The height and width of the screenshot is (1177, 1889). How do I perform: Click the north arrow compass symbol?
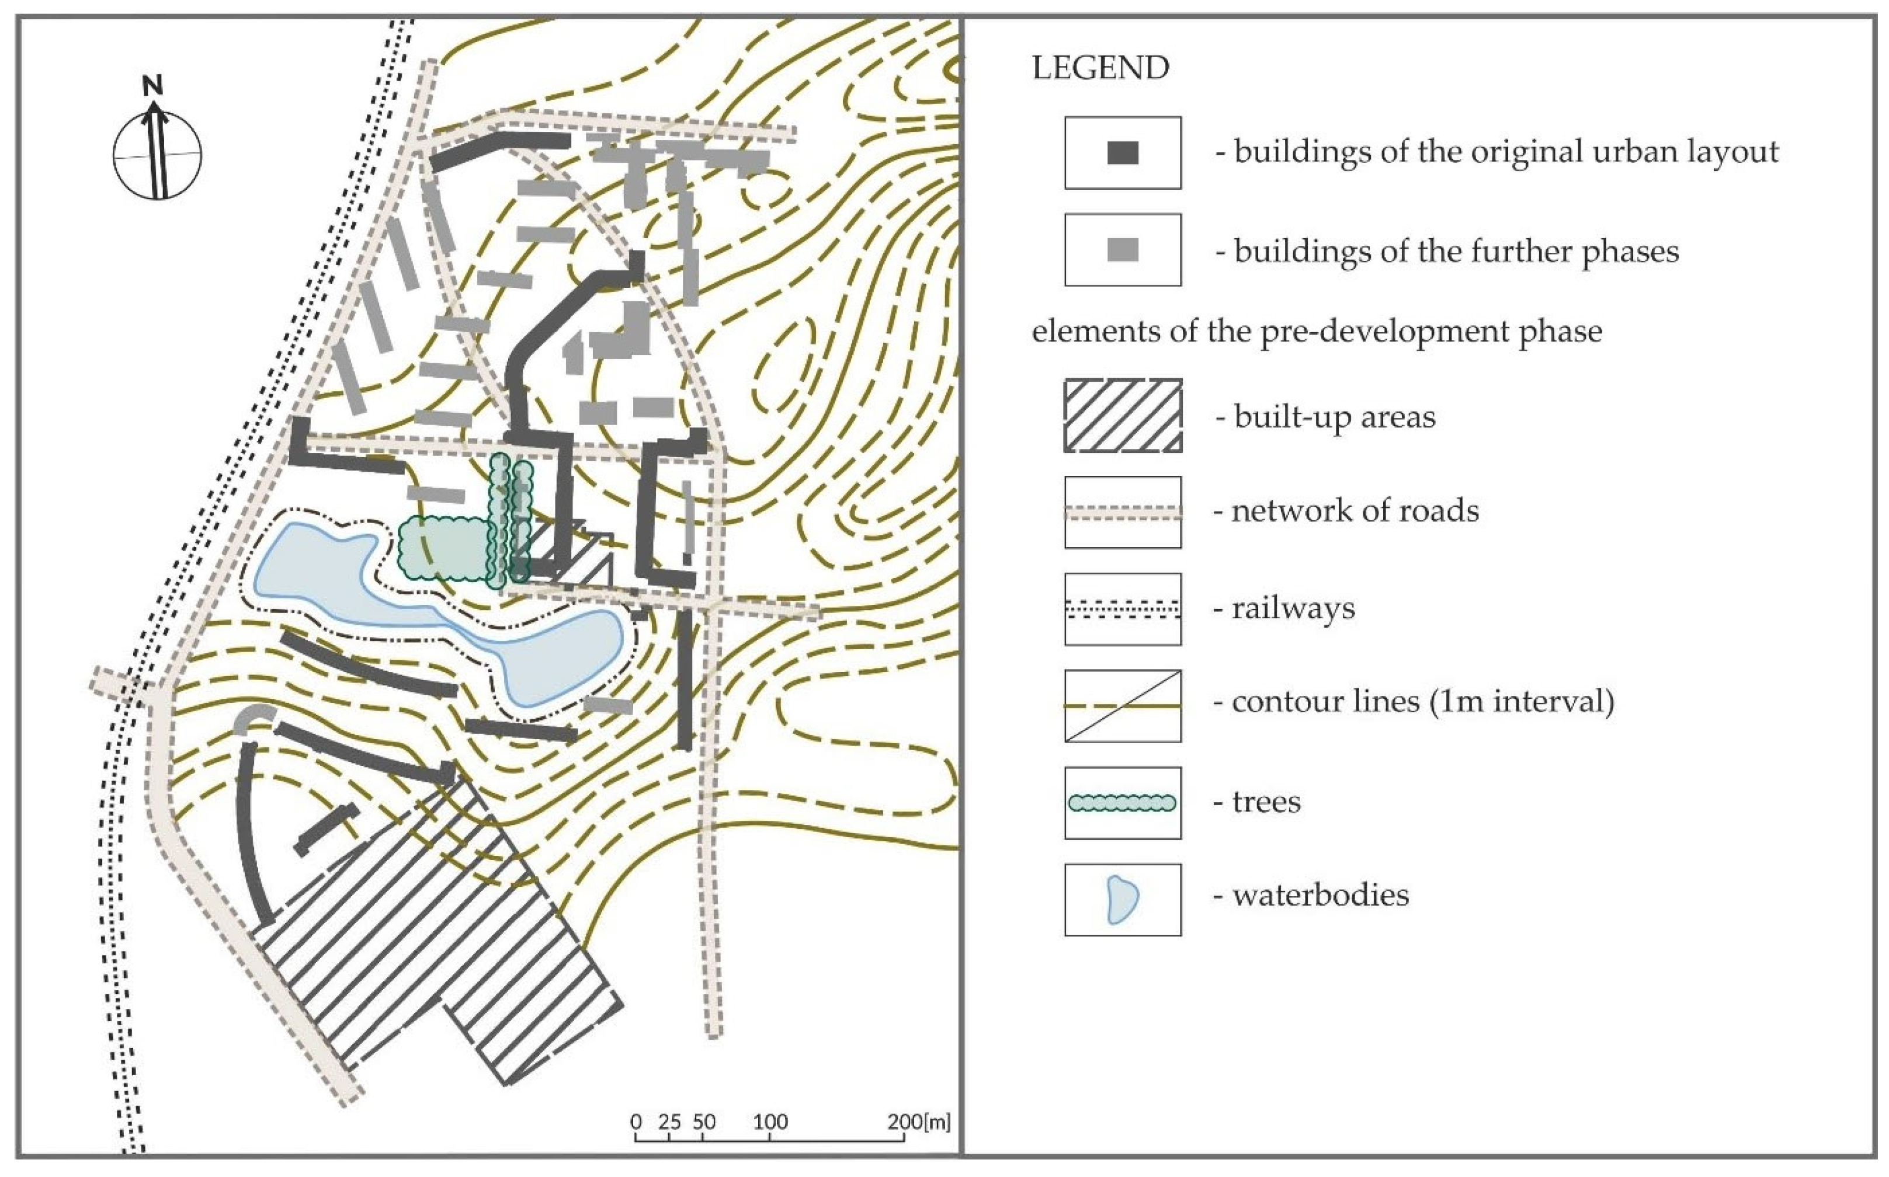(x=157, y=155)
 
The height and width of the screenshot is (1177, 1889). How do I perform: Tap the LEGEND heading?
(x=1100, y=68)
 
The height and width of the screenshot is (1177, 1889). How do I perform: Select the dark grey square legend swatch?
(x=1122, y=152)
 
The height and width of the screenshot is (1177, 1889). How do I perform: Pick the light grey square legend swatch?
(x=1122, y=250)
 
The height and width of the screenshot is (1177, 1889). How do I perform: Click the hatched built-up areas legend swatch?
(x=1122, y=416)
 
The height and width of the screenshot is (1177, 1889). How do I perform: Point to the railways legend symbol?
(x=1122, y=609)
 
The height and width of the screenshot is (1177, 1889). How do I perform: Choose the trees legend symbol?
(x=1122, y=803)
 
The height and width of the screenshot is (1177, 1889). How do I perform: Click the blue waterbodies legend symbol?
(x=1122, y=900)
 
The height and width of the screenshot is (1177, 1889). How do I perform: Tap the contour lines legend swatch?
(x=1122, y=705)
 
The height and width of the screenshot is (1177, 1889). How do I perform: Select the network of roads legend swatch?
(x=1122, y=512)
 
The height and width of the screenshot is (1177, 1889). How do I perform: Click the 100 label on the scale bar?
(x=770, y=1122)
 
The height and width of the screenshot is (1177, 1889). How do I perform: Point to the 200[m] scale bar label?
(x=919, y=1122)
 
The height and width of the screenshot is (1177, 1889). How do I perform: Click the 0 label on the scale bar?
(x=636, y=1122)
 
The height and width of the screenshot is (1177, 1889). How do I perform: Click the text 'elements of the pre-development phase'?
(x=1317, y=332)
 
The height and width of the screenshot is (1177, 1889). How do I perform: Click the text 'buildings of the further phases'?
(x=1456, y=252)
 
